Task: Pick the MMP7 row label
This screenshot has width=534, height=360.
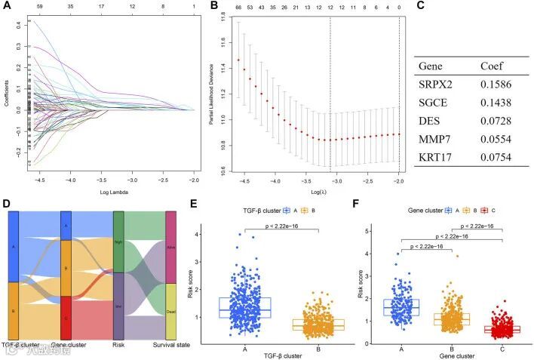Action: (435, 138)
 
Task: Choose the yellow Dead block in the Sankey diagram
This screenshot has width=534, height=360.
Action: (171, 311)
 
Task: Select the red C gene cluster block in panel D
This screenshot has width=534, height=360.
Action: (66, 318)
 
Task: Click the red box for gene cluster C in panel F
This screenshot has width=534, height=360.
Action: (492, 329)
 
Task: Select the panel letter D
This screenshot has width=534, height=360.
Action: (7, 203)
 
